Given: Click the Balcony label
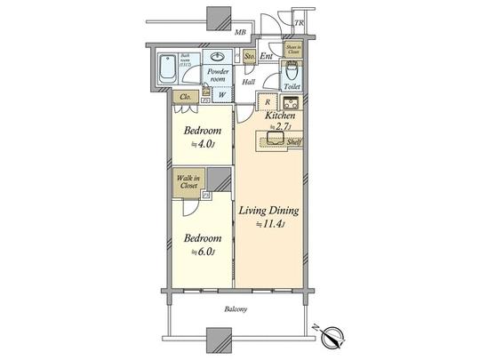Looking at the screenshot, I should coord(236,309).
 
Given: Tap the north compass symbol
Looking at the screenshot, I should coord(333,336).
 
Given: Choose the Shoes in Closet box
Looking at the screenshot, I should coord(292,50).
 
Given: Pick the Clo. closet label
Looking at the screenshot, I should coord(186,97).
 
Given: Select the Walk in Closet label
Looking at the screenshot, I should coord(187,181).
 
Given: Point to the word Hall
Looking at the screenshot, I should coord(249,82).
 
